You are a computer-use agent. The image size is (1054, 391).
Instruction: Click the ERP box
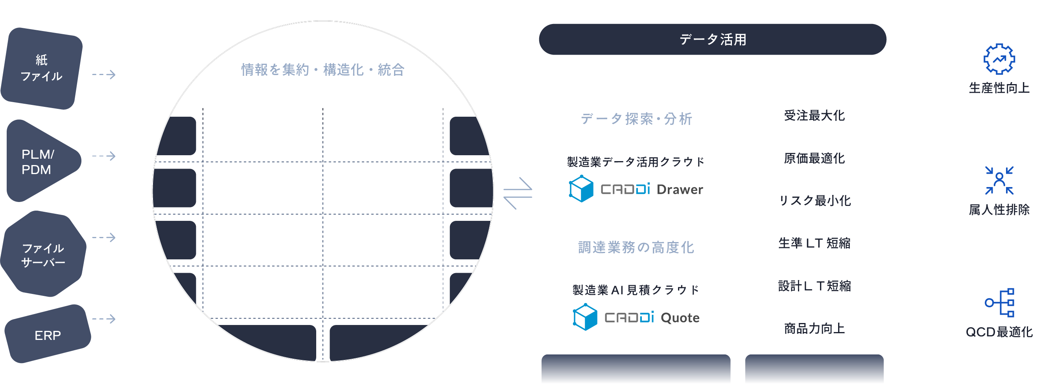pyautogui.click(x=48, y=335)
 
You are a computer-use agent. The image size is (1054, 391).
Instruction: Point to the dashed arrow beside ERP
pyautogui.click(x=104, y=319)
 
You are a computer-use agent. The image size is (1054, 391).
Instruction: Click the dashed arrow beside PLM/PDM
pyautogui.click(x=104, y=156)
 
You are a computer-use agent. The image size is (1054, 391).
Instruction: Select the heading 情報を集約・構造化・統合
pyautogui.click(x=322, y=70)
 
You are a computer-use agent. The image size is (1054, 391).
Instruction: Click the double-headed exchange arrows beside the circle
pyautogui.click(x=518, y=193)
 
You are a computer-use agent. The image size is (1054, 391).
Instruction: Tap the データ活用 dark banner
pyautogui.click(x=712, y=39)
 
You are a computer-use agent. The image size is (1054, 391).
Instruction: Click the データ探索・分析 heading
pyautogui.click(x=636, y=119)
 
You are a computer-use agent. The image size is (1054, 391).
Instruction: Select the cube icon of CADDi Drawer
pyautogui.click(x=581, y=189)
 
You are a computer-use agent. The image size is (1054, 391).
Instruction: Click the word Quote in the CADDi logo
pyautogui.click(x=680, y=318)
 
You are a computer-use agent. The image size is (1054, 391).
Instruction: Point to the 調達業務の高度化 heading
pyautogui.click(x=636, y=248)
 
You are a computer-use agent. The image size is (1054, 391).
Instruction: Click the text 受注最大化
pyautogui.click(x=814, y=116)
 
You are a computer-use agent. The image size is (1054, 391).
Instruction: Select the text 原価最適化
pyautogui.click(x=814, y=158)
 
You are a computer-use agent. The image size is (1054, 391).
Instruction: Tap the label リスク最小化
pyautogui.click(x=814, y=201)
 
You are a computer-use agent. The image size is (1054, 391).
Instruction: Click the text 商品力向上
pyautogui.click(x=814, y=329)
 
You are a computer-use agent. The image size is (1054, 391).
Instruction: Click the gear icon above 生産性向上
pyautogui.click(x=999, y=59)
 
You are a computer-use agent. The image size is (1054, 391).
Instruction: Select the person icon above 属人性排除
pyautogui.click(x=999, y=180)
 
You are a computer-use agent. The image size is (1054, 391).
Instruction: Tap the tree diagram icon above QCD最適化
pyautogui.click(x=1000, y=303)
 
